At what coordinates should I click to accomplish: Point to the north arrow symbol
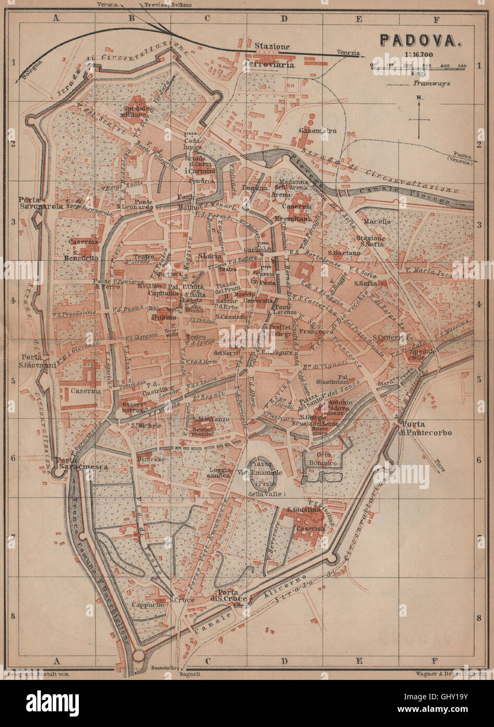click(x=419, y=118)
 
